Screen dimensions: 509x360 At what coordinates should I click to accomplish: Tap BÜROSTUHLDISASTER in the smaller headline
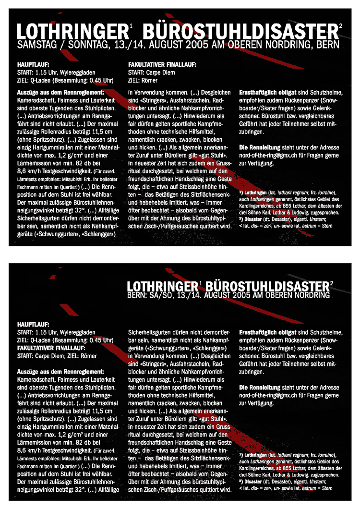tap(267, 286)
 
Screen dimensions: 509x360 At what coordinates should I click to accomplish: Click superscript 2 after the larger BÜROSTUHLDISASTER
tap(340, 25)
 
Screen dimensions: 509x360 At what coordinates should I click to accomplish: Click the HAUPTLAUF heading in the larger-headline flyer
tap(33, 64)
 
